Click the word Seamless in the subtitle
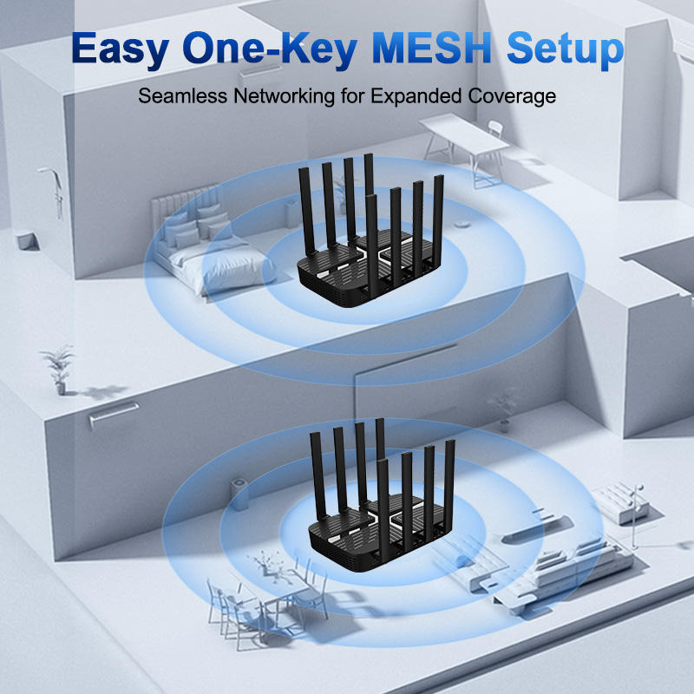click(183, 96)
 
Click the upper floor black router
click(369, 260)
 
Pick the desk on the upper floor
click(460, 139)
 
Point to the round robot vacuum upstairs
click(464, 220)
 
